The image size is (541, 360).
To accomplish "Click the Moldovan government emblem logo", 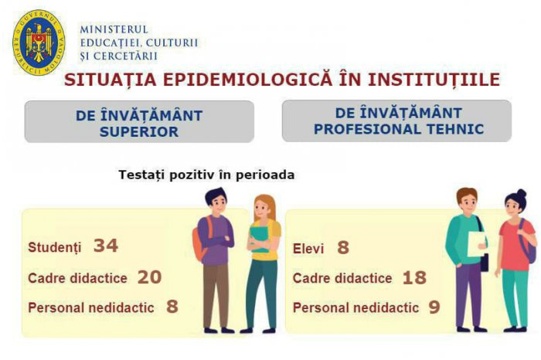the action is (x=39, y=42).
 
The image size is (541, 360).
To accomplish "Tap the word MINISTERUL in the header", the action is (x=114, y=29).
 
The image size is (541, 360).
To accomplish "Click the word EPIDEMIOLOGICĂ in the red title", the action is (x=248, y=80).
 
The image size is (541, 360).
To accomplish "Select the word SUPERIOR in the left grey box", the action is (x=139, y=132).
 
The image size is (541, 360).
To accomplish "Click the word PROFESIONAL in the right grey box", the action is (x=367, y=129).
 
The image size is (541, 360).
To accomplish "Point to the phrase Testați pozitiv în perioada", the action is (x=206, y=175).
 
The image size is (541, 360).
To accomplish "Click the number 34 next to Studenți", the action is (x=106, y=246).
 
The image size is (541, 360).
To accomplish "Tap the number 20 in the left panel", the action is (x=149, y=277).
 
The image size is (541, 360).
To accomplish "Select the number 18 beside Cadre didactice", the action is (x=414, y=277).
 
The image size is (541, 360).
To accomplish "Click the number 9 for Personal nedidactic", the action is (x=434, y=307).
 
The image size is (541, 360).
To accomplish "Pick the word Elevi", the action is (x=308, y=249).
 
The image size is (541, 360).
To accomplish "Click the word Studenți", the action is (x=55, y=247).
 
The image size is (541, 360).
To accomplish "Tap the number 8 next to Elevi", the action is (x=343, y=247).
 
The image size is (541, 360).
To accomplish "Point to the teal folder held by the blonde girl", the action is (x=259, y=238).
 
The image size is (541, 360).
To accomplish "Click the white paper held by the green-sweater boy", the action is (x=476, y=244).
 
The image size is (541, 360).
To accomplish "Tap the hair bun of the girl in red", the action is (x=522, y=193).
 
